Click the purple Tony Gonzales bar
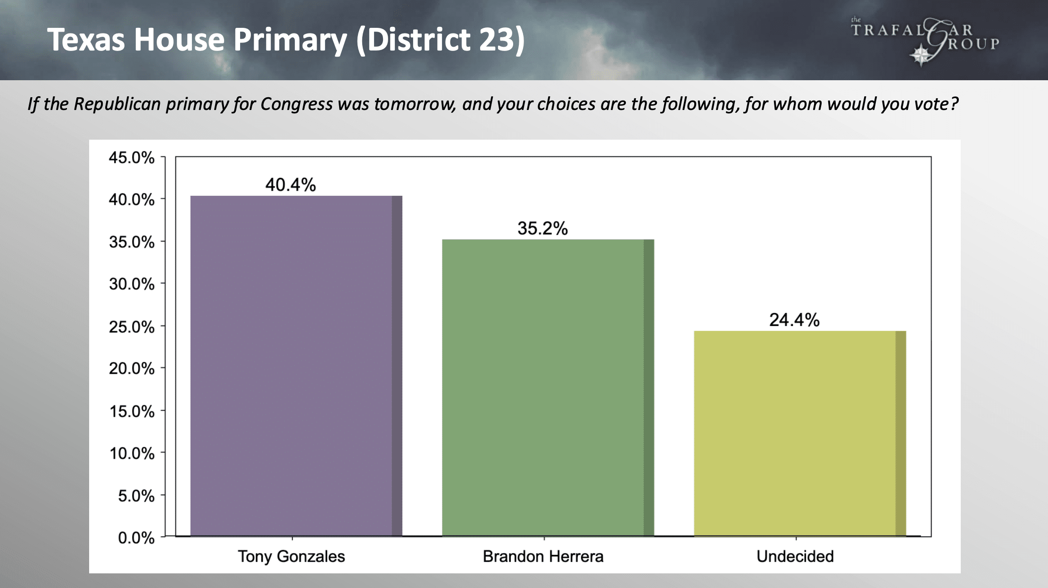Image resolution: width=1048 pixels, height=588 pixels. (296, 366)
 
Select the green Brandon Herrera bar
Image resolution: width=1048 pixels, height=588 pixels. (548, 387)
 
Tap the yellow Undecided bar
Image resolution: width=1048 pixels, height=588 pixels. (800, 433)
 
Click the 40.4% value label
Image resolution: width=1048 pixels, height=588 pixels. (291, 185)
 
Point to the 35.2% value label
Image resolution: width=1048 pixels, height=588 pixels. (542, 228)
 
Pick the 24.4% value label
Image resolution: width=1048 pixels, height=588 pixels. (794, 320)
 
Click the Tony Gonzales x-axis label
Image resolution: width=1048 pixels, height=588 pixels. (291, 556)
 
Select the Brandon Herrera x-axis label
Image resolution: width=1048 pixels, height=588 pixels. (543, 556)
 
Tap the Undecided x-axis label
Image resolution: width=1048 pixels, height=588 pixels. (795, 556)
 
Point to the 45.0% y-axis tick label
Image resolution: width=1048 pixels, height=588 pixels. (132, 158)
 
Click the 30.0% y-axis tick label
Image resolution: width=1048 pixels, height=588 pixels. (132, 284)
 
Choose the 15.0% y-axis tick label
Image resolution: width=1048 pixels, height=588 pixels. (132, 412)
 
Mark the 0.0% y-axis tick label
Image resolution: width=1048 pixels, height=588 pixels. (136, 538)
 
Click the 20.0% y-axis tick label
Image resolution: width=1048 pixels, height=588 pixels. (132, 369)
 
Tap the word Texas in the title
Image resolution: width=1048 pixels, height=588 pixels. (86, 39)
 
